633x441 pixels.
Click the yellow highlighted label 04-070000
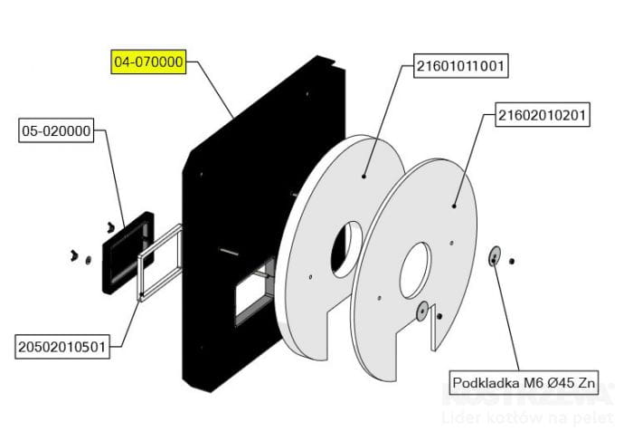148,62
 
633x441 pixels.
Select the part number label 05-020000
56,131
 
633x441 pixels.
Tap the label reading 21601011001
460,66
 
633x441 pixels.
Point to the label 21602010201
543,115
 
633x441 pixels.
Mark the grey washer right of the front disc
494,256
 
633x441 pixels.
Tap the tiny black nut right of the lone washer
512,262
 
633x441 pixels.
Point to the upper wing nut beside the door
110,224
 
